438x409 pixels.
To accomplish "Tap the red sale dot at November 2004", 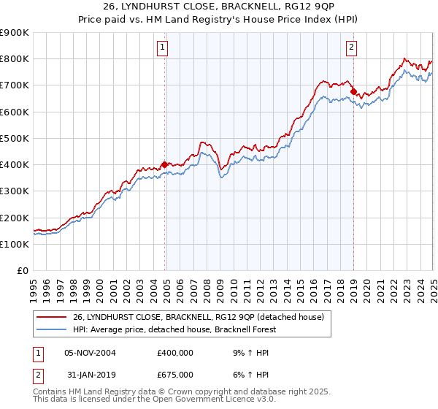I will pos(165,164).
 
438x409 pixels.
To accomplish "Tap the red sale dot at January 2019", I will pos(353,92).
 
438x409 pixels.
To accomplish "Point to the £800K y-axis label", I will pos(15,59).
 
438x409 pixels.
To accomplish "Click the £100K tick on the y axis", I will pos(15,245).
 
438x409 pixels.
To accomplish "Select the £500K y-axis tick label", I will pos(15,139).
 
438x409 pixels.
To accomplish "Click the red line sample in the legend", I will pos(51,317).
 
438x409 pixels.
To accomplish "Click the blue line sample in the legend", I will pos(51,329).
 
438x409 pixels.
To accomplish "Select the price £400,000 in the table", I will pos(175,352).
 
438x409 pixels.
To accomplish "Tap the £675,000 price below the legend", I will pos(175,374).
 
